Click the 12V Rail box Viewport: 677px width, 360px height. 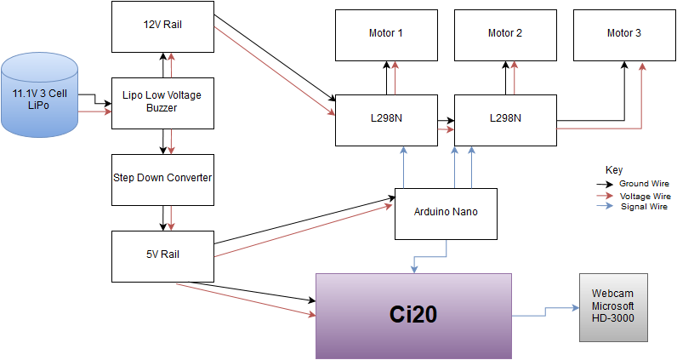(x=162, y=26)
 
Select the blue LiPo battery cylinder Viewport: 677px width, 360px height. (x=39, y=94)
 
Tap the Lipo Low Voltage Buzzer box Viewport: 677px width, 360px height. (x=162, y=102)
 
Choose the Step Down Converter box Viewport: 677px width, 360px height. (x=162, y=179)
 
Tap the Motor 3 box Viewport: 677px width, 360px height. (x=623, y=34)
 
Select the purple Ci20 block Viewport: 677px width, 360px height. (x=413, y=315)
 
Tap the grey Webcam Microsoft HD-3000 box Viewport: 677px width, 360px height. (x=613, y=307)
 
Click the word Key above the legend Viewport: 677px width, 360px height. (x=613, y=170)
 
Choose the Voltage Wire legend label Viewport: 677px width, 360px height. (x=645, y=196)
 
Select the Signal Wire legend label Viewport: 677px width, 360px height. (x=644, y=206)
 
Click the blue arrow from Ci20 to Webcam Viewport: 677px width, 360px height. (x=544, y=313)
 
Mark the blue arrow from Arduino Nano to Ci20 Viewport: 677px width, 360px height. (x=430, y=256)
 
